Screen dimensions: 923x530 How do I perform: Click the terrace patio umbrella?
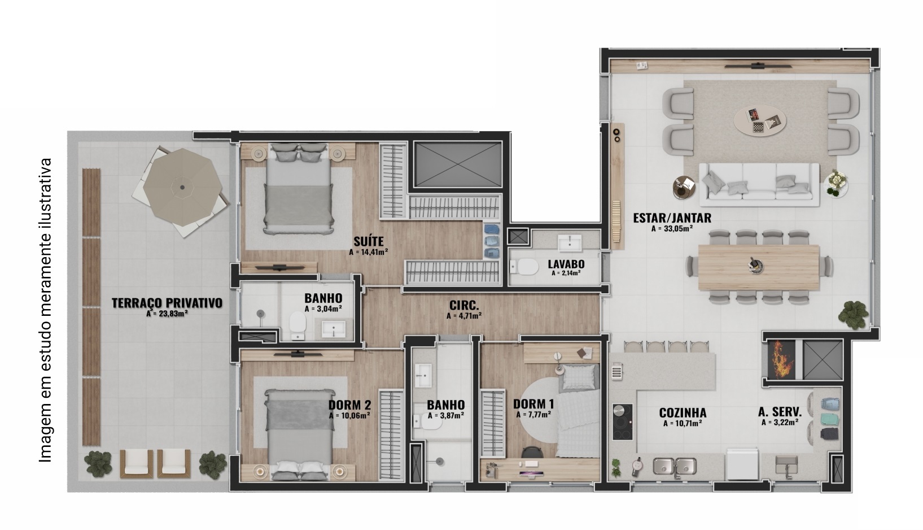pyautogui.click(x=182, y=188)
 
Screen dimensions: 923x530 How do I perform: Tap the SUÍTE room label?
pyautogui.click(x=369, y=241)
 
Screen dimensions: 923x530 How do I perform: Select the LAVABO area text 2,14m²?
pyautogui.click(x=566, y=273)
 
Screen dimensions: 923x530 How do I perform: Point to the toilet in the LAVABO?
pyautogui.click(x=524, y=267)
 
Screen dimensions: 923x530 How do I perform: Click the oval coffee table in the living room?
pyautogui.click(x=760, y=120)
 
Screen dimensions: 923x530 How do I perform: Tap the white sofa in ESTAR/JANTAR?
pyautogui.click(x=759, y=185)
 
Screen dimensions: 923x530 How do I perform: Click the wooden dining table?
pyautogui.click(x=759, y=268)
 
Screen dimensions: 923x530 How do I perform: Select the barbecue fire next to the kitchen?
pyautogui.click(x=780, y=359)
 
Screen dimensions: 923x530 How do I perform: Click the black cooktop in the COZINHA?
pyautogui.click(x=622, y=422)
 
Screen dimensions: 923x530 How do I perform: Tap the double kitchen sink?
pyautogui.click(x=675, y=466)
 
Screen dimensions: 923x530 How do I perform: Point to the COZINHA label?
pyautogui.click(x=683, y=412)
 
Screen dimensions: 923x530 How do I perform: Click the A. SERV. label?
pyautogui.click(x=780, y=412)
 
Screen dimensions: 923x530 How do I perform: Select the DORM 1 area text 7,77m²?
pyautogui.click(x=533, y=415)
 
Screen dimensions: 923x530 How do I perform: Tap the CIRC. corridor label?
pyautogui.click(x=464, y=305)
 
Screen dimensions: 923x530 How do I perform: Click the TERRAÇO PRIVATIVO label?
pyautogui.click(x=167, y=303)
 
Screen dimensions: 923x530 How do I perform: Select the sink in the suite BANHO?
pyautogui.click(x=333, y=328)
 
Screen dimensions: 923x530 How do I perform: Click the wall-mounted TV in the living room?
pyautogui.click(x=758, y=66)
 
